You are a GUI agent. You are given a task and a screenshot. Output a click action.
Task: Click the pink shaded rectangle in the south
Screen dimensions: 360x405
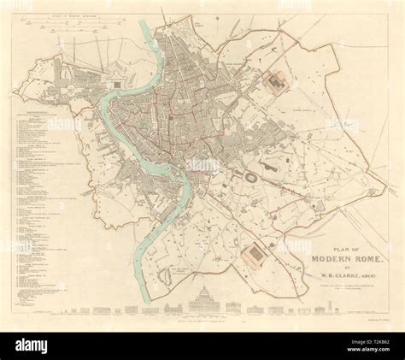[254, 253]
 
